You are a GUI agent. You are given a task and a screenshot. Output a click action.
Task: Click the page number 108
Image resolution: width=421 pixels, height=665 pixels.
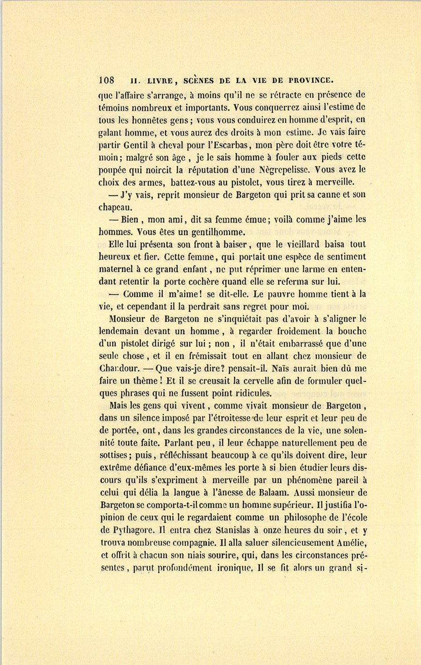107,79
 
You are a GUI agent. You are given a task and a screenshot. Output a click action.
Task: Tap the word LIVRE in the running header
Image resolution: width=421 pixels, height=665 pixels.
155,80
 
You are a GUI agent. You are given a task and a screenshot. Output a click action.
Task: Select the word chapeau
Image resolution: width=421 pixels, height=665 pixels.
115,207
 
